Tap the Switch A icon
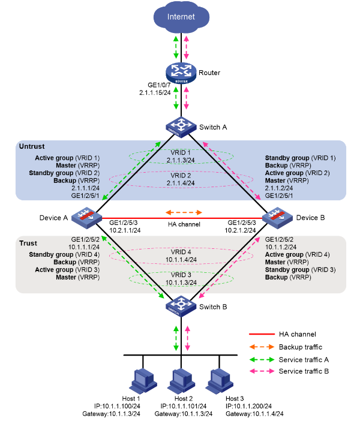click(x=181, y=126)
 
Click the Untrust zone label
click(x=33, y=146)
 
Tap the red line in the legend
click(x=261, y=334)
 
